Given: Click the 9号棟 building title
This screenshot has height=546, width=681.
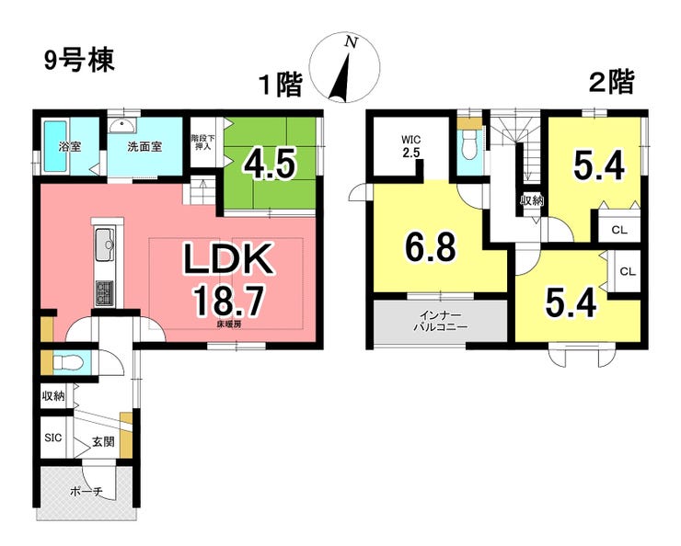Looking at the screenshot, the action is click(79, 60).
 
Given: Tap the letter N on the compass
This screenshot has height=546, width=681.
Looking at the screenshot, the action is click(351, 42).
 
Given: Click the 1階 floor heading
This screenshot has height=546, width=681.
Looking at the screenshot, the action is click(280, 85).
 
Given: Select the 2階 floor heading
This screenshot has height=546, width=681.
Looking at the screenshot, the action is click(611, 81).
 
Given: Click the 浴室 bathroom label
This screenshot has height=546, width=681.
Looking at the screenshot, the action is click(70, 146).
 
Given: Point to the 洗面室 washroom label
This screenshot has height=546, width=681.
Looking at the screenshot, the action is click(144, 146).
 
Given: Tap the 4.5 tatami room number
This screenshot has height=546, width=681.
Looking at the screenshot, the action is click(270, 164).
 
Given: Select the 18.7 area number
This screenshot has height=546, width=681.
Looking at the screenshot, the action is click(228, 301).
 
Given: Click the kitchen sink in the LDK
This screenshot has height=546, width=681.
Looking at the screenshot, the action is click(105, 245).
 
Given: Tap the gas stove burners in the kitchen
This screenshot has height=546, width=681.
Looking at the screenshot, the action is click(104, 293).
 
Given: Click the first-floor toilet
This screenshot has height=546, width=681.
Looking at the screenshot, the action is click(67, 361).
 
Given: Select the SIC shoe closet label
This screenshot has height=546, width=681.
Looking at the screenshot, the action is click(53, 438).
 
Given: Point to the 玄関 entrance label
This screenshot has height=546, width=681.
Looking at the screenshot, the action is click(103, 442).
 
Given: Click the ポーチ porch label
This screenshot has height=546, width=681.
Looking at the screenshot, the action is click(86, 492).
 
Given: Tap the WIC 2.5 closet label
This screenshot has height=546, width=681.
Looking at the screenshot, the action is click(410, 146).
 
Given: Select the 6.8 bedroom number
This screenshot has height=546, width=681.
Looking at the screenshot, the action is click(430, 246).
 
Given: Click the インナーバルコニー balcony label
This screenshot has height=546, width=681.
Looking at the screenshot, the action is click(440, 321).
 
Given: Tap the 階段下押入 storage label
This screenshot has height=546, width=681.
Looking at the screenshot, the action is click(202, 142).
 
